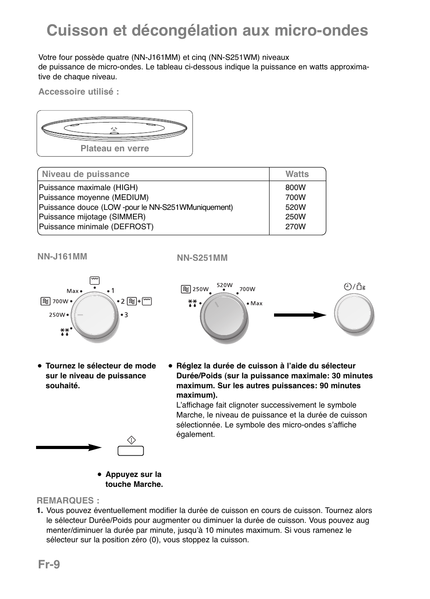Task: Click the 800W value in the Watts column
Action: point(295,187)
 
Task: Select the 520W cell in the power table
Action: point(295,207)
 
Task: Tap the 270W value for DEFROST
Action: point(295,227)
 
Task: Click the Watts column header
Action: point(297,174)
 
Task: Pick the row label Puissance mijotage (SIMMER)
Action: point(92,217)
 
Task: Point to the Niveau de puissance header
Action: point(86,174)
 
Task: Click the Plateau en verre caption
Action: point(114,149)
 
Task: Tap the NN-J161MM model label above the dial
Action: point(62,256)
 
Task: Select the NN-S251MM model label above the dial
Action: point(202,258)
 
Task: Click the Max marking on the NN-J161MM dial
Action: point(73,291)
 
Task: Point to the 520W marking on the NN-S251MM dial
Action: point(224,285)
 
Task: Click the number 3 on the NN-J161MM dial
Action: point(126,315)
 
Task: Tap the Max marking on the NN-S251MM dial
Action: point(256,304)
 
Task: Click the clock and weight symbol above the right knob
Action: point(354,287)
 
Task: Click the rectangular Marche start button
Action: point(131,450)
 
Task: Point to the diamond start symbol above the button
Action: point(131,440)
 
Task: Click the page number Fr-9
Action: point(49,564)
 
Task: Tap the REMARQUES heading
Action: point(68,500)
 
